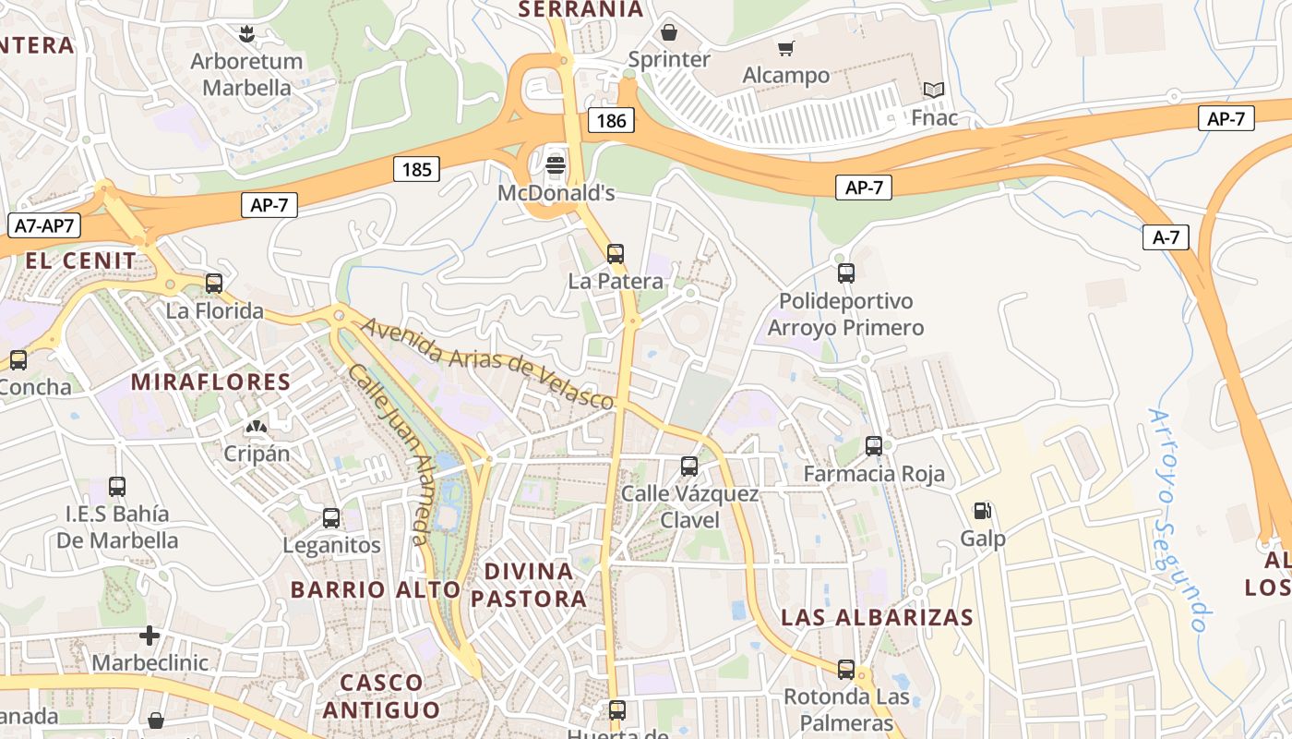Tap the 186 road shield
(x=611, y=120)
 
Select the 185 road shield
(x=416, y=169)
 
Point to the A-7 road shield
(x=1166, y=237)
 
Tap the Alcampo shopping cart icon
(x=785, y=49)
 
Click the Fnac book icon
(x=934, y=91)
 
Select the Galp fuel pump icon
(x=983, y=511)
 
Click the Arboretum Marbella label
(x=246, y=75)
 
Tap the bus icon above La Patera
(x=616, y=253)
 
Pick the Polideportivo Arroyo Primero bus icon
(x=845, y=273)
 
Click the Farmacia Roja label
(x=874, y=474)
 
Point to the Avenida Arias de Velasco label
(x=486, y=364)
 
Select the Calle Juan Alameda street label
(x=390, y=453)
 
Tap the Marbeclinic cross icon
(x=150, y=636)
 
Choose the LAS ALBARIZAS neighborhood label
(x=877, y=617)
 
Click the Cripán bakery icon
(x=256, y=427)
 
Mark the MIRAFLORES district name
(x=210, y=382)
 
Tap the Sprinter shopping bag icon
(x=669, y=33)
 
